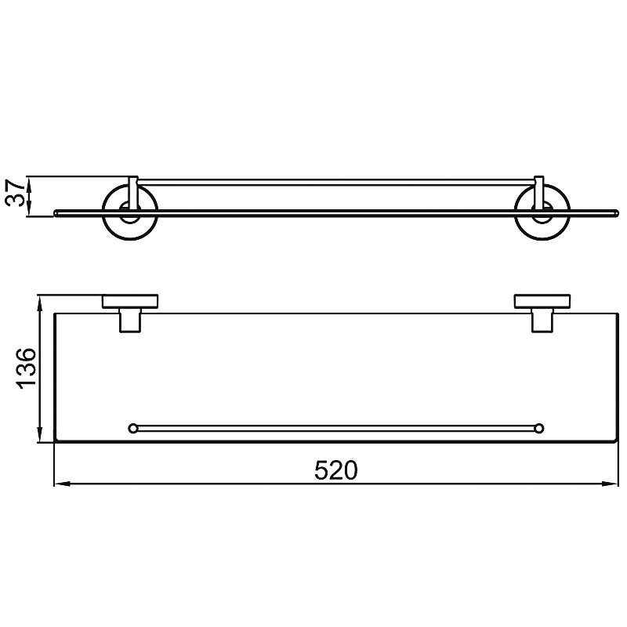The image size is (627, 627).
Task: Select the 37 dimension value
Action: pos(16,193)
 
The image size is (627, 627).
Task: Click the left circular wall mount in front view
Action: pos(130,212)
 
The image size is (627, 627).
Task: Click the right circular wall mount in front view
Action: pos(542,212)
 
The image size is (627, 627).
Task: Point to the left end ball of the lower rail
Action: pos(132,428)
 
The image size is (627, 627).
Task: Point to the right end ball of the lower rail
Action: pos(539,428)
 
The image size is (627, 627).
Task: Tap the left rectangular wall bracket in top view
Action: pos(130,302)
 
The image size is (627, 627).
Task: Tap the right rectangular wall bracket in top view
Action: pos(542,302)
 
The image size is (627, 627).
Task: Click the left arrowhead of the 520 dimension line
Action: pos(62,484)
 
